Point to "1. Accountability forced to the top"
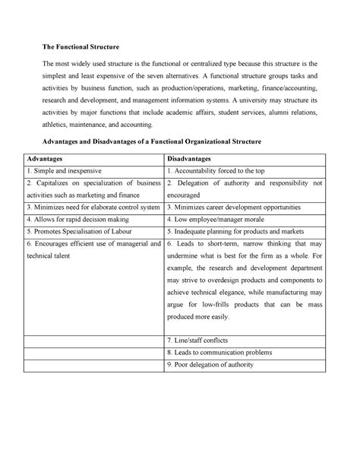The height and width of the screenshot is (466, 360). tap(216, 172)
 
